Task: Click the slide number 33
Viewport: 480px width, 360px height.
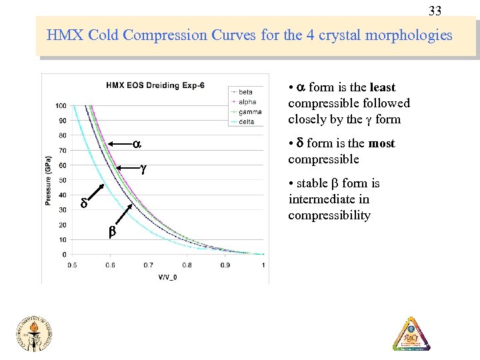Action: (x=435, y=11)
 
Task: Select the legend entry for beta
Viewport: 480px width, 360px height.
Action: (x=247, y=91)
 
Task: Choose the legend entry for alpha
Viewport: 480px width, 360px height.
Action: (x=247, y=101)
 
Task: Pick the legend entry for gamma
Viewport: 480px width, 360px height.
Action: (x=250, y=111)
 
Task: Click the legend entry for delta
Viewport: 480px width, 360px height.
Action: (x=247, y=121)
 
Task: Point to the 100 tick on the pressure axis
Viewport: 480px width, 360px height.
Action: (x=61, y=106)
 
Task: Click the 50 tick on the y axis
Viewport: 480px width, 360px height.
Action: (x=62, y=180)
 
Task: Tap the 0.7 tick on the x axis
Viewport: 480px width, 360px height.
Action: (x=149, y=265)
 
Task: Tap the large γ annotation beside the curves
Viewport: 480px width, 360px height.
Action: (x=143, y=169)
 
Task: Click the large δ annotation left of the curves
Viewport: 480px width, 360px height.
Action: (x=84, y=203)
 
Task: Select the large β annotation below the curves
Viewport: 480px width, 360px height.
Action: (x=111, y=233)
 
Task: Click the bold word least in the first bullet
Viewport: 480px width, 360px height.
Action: (x=382, y=87)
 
